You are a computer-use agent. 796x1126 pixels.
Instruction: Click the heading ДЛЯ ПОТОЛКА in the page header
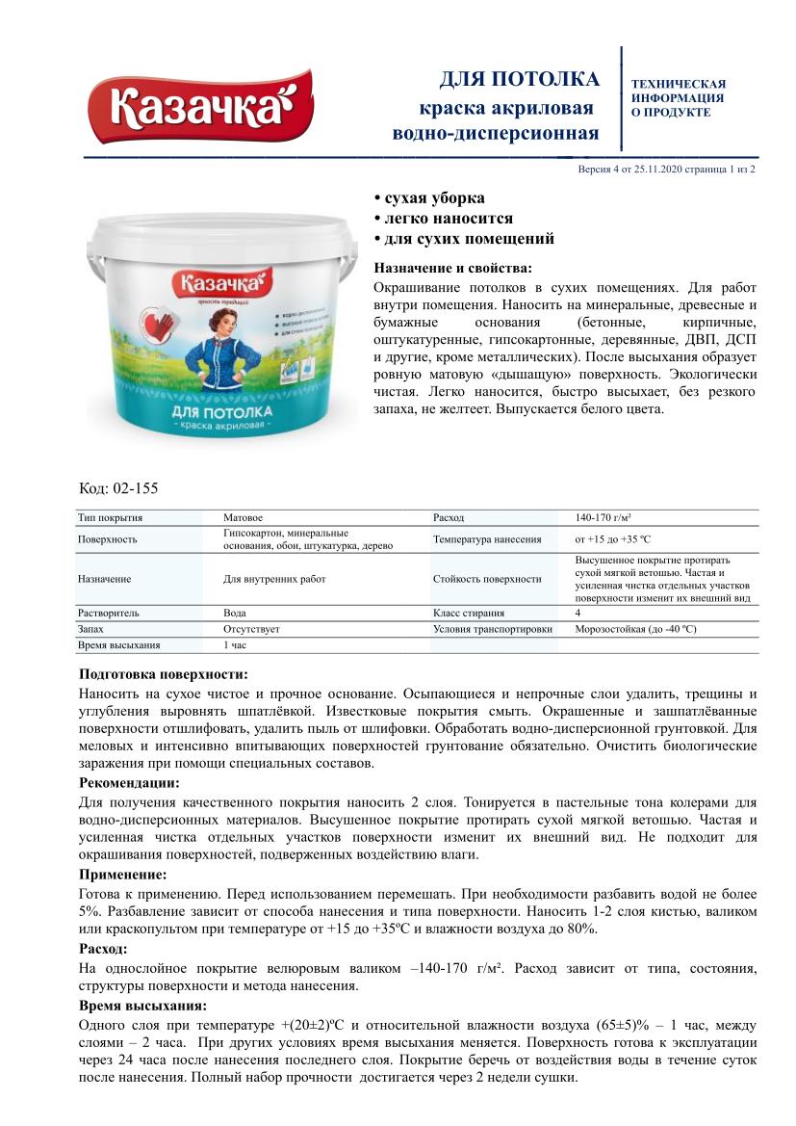pos(519,79)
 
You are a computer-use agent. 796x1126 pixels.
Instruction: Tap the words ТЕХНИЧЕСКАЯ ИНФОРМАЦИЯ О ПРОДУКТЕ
pos(678,98)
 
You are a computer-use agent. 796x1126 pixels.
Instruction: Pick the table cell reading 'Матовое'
pos(243,518)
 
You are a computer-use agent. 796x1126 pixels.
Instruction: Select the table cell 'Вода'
pos(236,612)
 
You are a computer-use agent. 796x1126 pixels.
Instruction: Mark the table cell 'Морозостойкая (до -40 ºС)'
pos(635,629)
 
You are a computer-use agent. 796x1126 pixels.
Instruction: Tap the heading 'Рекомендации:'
pos(128,783)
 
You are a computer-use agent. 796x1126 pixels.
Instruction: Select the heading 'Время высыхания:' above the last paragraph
pos(141,1006)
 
